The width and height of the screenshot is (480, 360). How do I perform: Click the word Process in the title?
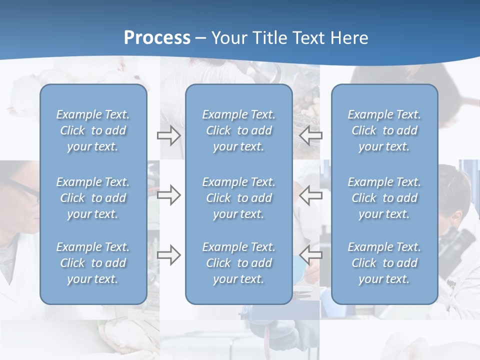click(x=157, y=38)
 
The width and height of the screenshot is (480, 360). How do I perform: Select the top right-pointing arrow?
click(x=169, y=135)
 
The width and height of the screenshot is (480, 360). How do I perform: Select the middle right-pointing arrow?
click(x=169, y=195)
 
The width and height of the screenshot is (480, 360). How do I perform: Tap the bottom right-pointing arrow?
click(x=169, y=255)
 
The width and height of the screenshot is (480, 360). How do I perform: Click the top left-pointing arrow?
click(x=310, y=135)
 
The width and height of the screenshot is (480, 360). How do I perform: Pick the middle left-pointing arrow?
click(x=310, y=195)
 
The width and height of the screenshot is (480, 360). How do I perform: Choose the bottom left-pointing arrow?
click(x=310, y=255)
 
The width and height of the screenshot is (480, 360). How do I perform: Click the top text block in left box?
click(x=93, y=130)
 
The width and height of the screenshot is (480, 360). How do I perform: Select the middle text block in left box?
click(x=93, y=198)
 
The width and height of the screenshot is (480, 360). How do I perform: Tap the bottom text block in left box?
click(x=93, y=263)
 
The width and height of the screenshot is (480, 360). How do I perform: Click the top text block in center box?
click(x=238, y=130)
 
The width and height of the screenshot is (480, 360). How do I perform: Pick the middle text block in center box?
click(x=238, y=198)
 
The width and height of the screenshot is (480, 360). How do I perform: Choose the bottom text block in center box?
click(x=238, y=263)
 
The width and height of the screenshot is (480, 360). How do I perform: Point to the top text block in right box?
click(x=384, y=130)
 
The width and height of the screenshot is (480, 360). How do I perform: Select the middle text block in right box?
click(x=384, y=198)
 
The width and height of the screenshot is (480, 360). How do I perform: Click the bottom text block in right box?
click(x=384, y=263)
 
